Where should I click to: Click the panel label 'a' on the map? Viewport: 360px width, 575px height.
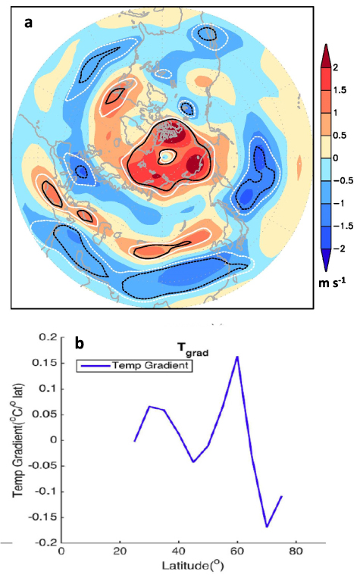(29, 23)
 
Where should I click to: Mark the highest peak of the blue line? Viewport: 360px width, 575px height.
(237, 356)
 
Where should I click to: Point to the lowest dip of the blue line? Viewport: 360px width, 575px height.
(267, 526)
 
